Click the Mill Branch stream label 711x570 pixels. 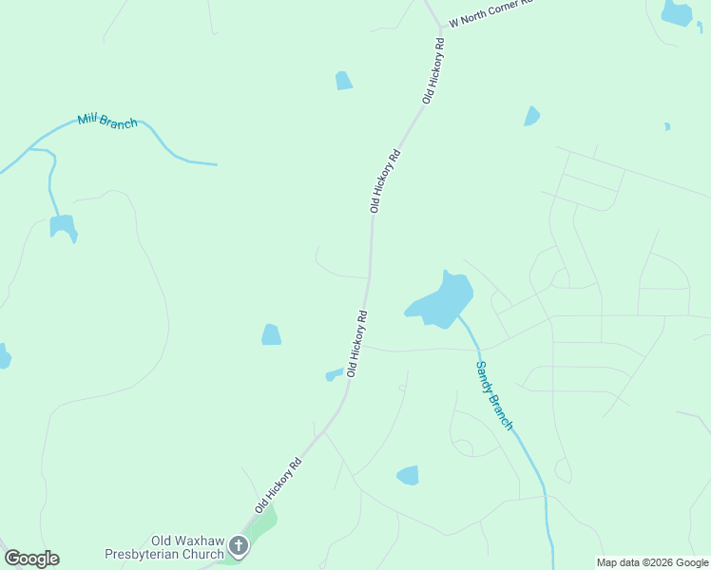[x=107, y=122]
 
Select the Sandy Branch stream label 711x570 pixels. [x=494, y=395]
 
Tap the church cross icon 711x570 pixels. [x=238, y=546]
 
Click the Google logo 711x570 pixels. [x=31, y=559]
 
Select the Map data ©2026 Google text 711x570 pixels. [x=652, y=562]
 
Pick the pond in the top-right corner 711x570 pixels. [x=677, y=13]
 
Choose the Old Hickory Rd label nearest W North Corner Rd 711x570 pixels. [x=433, y=71]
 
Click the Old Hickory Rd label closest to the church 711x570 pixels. [x=278, y=485]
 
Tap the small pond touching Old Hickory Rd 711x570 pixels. [x=333, y=374]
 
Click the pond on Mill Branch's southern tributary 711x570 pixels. [x=63, y=227]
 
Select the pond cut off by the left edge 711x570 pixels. [x=4, y=356]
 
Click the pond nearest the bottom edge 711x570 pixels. [x=408, y=475]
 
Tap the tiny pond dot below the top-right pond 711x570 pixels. [x=667, y=126]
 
